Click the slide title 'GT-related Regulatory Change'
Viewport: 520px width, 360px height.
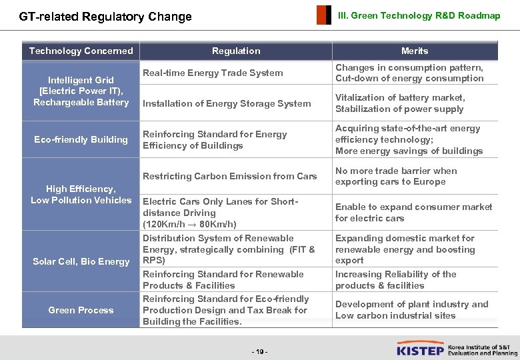tap(105, 17)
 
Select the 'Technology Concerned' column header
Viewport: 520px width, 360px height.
tap(81, 51)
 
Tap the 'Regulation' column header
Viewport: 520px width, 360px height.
tap(236, 51)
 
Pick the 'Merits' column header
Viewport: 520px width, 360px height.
tap(415, 51)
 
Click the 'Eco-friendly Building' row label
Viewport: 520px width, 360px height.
tap(81, 139)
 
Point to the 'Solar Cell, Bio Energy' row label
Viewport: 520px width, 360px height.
tap(81, 261)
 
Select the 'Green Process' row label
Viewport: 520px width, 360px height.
tap(81, 310)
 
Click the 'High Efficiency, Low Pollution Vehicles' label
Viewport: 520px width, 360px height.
tap(81, 195)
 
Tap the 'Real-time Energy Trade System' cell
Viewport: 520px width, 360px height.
tap(213, 73)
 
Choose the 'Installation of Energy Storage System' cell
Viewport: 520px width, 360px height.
tap(227, 103)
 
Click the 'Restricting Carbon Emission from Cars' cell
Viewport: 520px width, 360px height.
tap(229, 176)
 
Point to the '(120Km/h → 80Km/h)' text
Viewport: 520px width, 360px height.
tap(189, 225)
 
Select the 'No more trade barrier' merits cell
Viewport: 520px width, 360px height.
tap(396, 176)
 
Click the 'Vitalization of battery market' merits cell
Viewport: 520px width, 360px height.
tap(400, 103)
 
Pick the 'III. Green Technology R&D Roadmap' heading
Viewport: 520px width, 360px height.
tap(419, 15)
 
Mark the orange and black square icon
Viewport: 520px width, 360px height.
tap(323, 15)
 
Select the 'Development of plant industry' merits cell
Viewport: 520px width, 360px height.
tap(411, 310)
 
